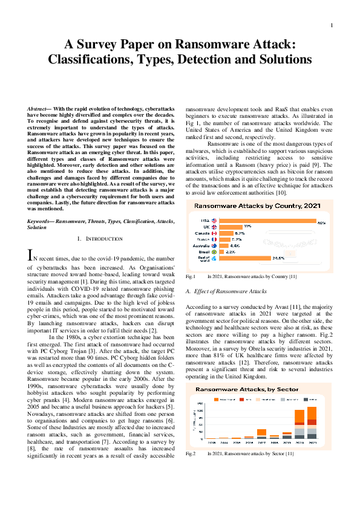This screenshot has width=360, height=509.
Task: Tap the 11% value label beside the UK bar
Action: (x=247, y=227)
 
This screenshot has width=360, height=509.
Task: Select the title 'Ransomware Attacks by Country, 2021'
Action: (x=257, y=207)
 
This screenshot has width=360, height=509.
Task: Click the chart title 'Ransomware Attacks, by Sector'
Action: (x=257, y=390)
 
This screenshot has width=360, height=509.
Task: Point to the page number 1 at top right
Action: (x=332, y=25)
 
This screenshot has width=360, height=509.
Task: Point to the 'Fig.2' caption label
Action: (x=190, y=453)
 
